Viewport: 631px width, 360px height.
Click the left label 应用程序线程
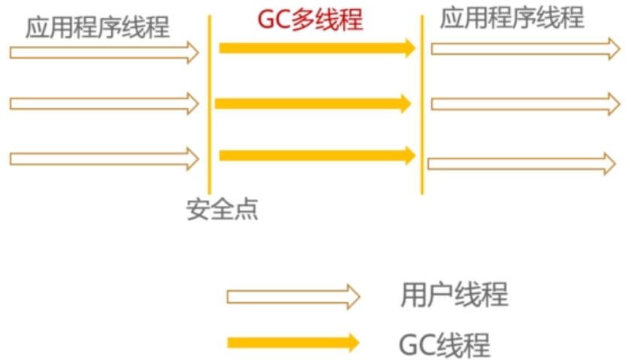pyautogui.click(x=98, y=28)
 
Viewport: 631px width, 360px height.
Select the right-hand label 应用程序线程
pyautogui.click(x=512, y=18)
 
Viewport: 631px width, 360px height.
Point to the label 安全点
pyautogui.click(x=222, y=210)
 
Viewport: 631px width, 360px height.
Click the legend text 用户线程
pyautogui.click(x=454, y=295)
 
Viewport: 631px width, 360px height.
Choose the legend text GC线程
pyautogui.click(x=444, y=344)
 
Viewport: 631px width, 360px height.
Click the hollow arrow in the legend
pyautogui.click(x=293, y=296)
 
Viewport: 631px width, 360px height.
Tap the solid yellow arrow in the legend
pyautogui.click(x=293, y=343)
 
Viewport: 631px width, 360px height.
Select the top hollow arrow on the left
pyautogui.click(x=104, y=52)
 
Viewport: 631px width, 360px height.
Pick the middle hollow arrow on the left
pyautogui.click(x=104, y=103)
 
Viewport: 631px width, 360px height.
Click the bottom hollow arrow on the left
pyautogui.click(x=104, y=159)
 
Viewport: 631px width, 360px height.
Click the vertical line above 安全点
pyautogui.click(x=210, y=105)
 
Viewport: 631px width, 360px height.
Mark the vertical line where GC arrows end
pyautogui.click(x=422, y=105)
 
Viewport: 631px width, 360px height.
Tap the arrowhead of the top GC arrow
pyautogui.click(x=410, y=49)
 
